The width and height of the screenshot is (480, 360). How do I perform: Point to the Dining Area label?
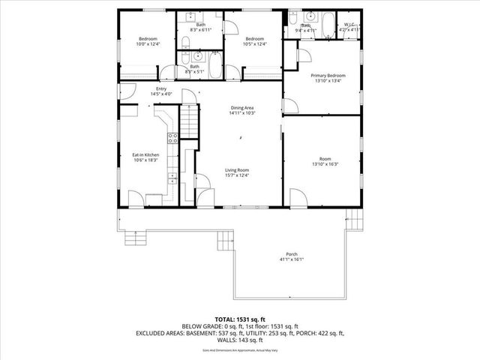pyautogui.click(x=242, y=108)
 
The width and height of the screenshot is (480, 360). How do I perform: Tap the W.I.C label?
pyautogui.click(x=347, y=25)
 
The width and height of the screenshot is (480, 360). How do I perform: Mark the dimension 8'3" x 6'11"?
pyautogui.click(x=201, y=29)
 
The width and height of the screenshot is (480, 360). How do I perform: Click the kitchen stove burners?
pyautogui.click(x=172, y=138)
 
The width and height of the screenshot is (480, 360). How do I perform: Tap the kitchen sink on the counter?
pyautogui.click(x=172, y=178)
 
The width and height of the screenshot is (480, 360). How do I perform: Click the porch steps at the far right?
pyautogui.click(x=349, y=221)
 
